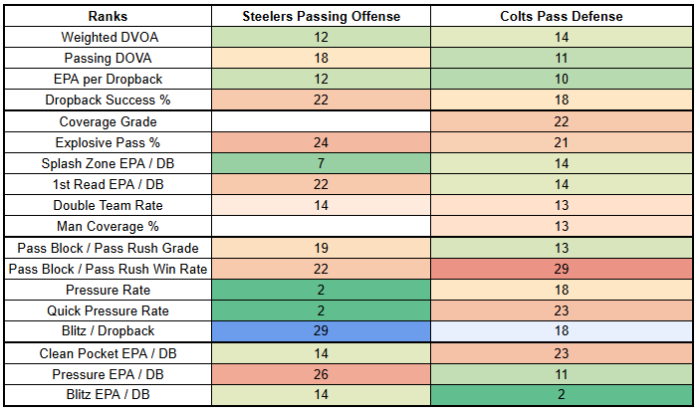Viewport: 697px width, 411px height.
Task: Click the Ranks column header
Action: [108, 17]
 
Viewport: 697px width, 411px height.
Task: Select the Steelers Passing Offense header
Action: [321, 17]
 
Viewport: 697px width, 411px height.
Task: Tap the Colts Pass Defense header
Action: [561, 17]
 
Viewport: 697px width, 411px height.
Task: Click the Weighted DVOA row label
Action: [110, 37]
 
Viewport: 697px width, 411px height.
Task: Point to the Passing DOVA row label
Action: [108, 58]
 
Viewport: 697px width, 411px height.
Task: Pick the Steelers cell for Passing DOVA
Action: [321, 58]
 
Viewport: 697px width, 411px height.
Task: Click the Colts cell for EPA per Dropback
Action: [561, 79]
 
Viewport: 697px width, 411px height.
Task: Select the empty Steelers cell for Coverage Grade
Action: [321, 121]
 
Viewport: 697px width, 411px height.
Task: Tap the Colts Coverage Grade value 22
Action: [561, 121]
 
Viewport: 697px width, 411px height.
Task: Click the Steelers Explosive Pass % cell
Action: [321, 142]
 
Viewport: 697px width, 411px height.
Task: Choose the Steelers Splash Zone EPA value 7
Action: [321, 163]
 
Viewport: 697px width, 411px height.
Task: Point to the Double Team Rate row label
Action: [108, 205]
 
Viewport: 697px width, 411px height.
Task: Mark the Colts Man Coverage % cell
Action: [561, 226]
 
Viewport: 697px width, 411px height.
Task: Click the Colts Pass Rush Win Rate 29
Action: [561, 269]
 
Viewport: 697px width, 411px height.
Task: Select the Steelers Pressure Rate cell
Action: [321, 290]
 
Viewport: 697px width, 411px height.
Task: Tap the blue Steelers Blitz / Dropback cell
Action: [321, 330]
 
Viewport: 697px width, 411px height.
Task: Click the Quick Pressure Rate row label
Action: [108, 310]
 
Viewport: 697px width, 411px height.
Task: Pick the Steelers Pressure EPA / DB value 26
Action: [321, 374]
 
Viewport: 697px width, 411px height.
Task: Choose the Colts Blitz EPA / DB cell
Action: [561, 394]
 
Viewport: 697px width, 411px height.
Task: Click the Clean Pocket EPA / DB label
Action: [108, 353]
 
